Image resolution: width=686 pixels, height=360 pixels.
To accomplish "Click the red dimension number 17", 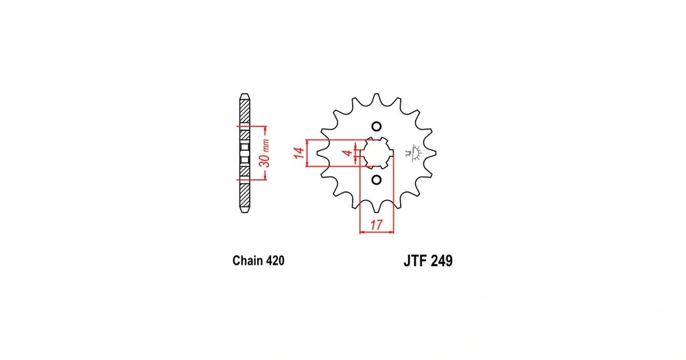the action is [376, 225].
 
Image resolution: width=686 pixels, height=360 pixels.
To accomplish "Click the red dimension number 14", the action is [299, 153].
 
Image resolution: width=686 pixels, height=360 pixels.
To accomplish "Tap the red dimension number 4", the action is [347, 153].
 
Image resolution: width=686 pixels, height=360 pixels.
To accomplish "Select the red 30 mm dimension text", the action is [264, 153].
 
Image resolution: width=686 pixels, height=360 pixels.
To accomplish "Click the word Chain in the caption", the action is [246, 261].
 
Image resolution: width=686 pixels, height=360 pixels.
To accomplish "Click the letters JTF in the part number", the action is [415, 261].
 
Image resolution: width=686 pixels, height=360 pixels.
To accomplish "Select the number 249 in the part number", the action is [441, 261].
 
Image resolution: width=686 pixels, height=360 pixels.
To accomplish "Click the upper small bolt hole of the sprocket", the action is [376, 127].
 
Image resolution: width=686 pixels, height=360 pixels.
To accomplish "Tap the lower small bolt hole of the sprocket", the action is [376, 180].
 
